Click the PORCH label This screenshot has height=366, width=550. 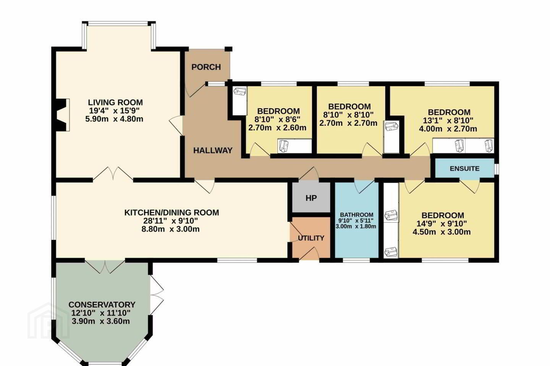206,67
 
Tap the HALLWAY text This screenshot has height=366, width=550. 213,150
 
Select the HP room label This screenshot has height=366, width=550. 311,198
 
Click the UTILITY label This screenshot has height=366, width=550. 311,238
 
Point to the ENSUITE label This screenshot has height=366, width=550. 464,169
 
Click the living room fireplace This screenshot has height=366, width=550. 61,115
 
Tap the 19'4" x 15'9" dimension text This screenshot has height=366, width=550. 114,111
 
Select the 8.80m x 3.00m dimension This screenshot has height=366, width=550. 170,229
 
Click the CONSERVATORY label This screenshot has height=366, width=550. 102,305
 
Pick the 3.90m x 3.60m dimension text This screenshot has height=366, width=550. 101,321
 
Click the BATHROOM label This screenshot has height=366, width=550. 356,215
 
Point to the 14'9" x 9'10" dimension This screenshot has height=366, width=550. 442,223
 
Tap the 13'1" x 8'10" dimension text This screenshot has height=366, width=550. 448,120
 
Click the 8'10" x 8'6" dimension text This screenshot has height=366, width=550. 277,120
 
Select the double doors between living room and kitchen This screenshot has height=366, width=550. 113,174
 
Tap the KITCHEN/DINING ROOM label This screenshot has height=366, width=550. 171,212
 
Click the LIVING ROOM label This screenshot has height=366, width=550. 115,102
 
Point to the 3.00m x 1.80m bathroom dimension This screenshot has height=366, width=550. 356,226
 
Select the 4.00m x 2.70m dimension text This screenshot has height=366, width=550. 448,129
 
